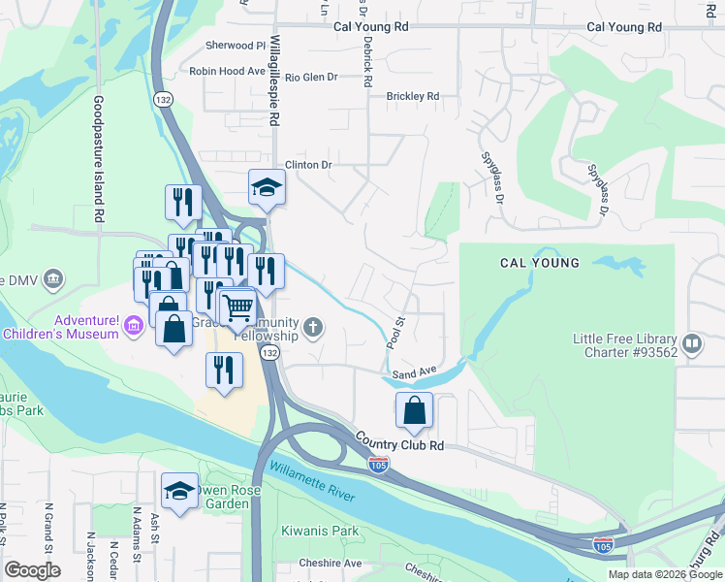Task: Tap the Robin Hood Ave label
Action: click(227, 71)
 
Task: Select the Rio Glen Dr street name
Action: click(311, 78)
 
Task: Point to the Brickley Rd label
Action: click(413, 96)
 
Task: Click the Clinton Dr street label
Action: click(307, 165)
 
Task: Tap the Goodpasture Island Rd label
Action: click(99, 160)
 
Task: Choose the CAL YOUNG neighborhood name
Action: click(540, 263)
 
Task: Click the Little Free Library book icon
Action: click(692, 343)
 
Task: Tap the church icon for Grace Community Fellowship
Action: click(312, 327)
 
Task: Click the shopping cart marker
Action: click(237, 308)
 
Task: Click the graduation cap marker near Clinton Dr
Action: click(267, 187)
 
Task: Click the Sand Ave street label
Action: click(414, 372)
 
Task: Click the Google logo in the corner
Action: click(32, 570)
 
